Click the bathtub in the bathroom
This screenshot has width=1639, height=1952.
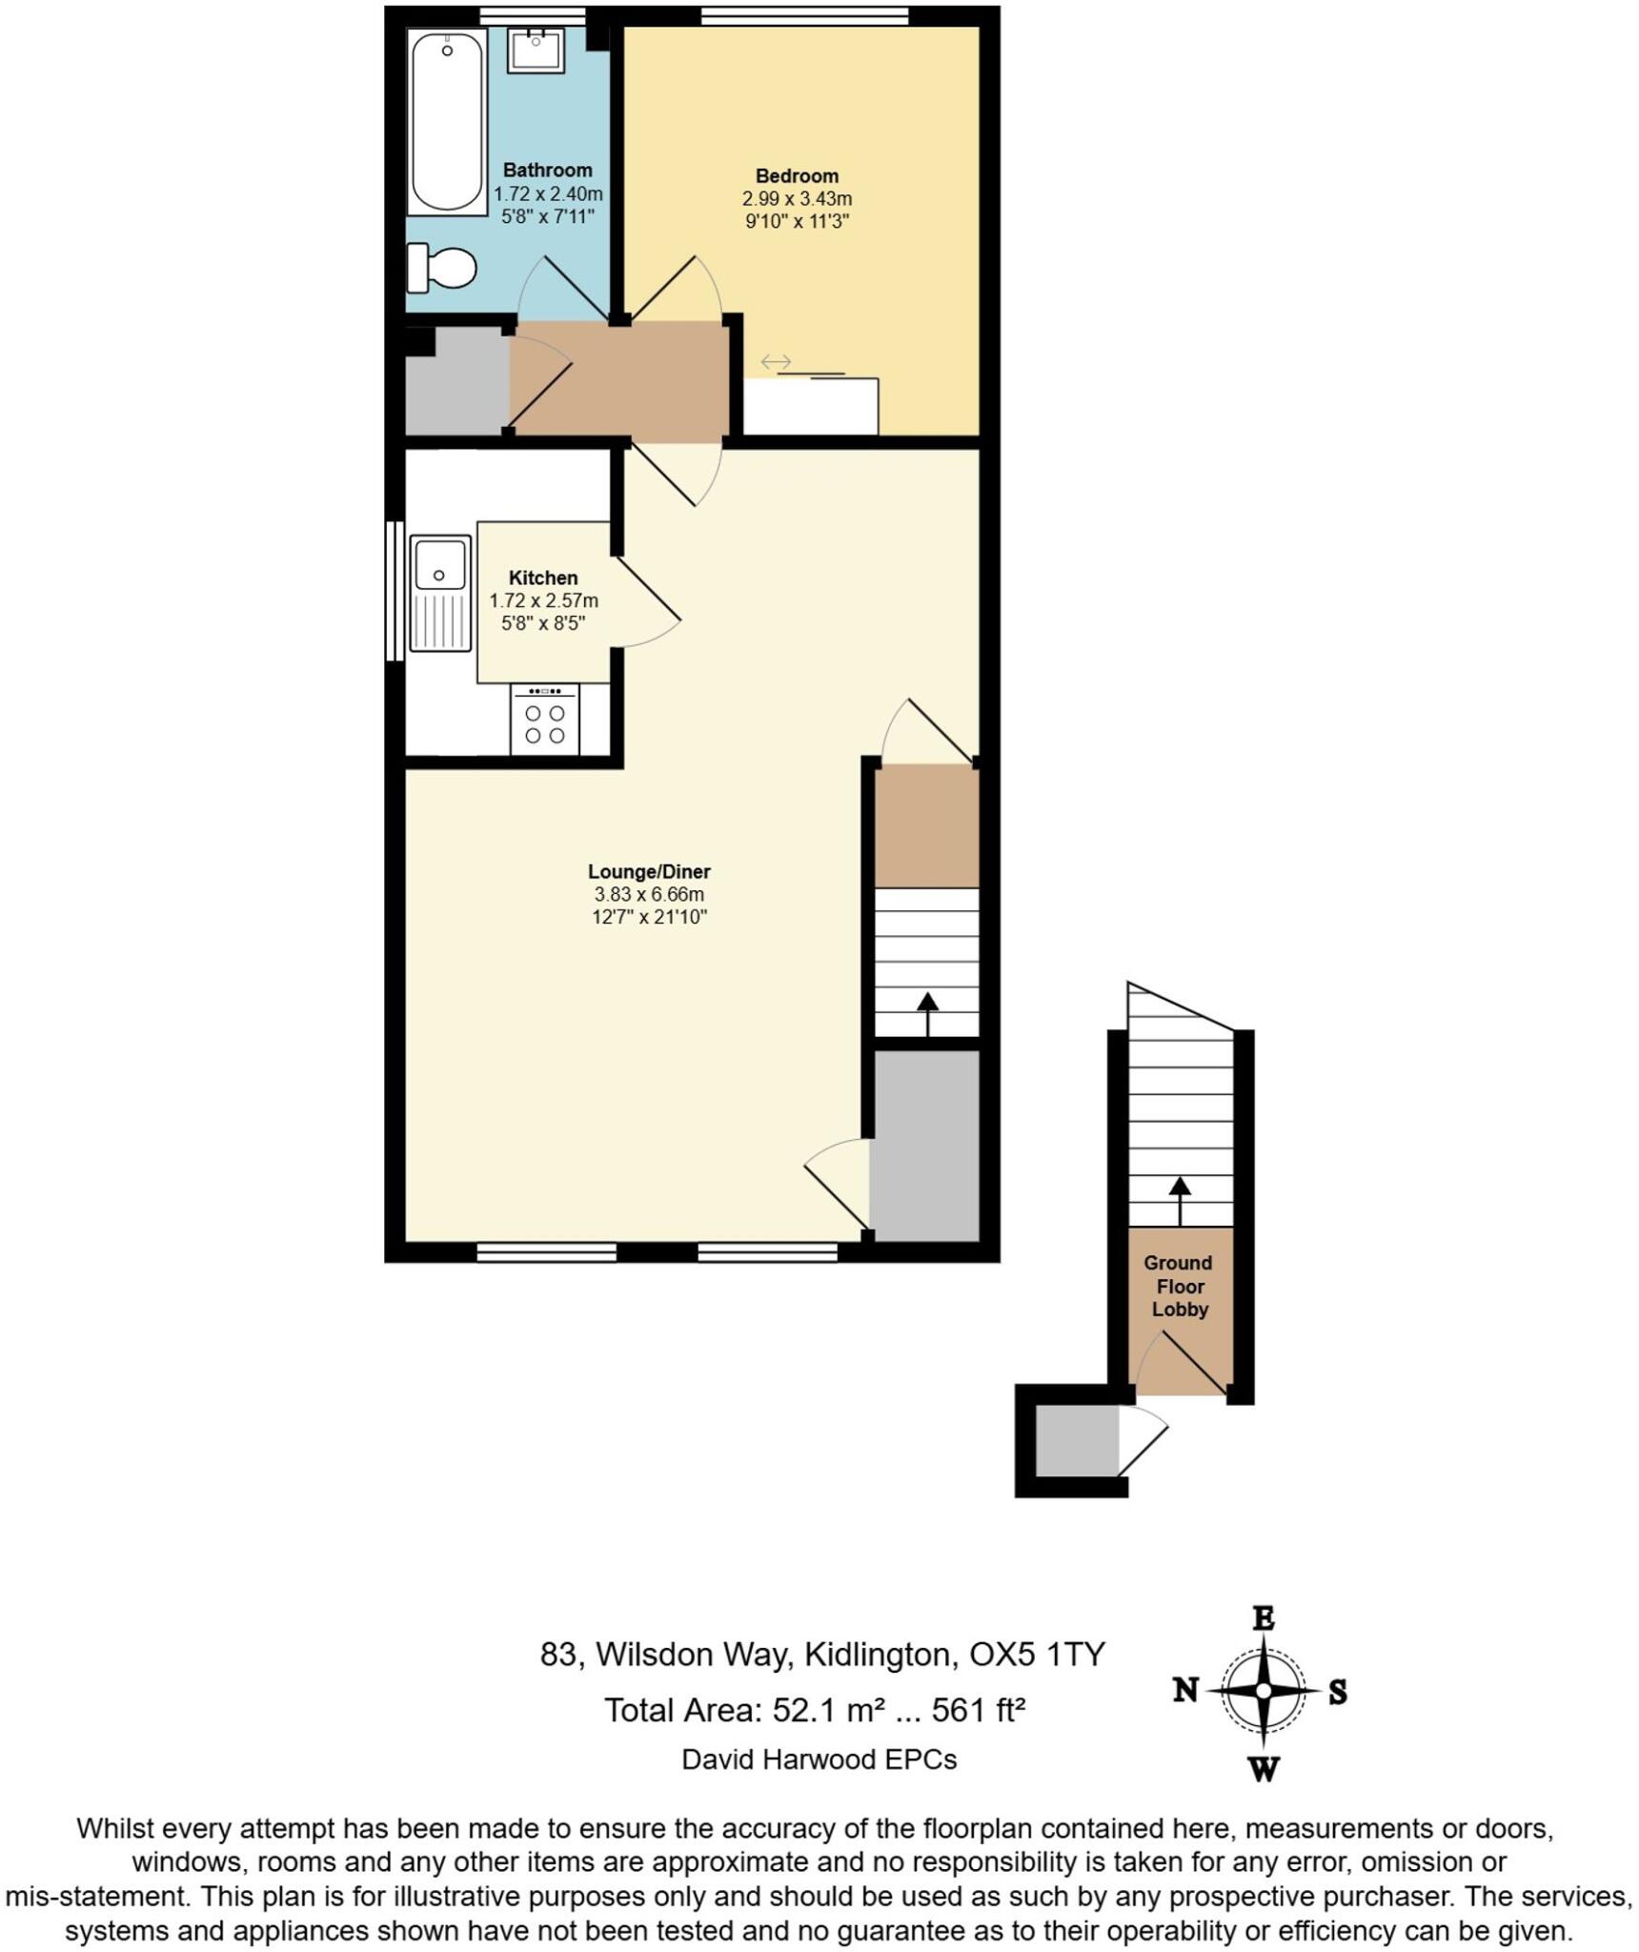click(x=446, y=121)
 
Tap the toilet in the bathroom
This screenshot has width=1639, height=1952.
click(x=443, y=268)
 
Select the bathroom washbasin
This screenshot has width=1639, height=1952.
click(x=536, y=50)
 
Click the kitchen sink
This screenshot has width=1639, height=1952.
click(x=440, y=593)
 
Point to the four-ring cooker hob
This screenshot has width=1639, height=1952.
click(x=544, y=722)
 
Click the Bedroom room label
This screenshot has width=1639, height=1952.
click(x=797, y=176)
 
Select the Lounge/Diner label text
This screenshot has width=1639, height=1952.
click(x=649, y=871)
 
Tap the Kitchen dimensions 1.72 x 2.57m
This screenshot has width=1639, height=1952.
click(x=543, y=600)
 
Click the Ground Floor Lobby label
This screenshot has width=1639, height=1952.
click(x=1179, y=1286)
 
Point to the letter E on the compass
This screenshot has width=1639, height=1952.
click(x=1263, y=1618)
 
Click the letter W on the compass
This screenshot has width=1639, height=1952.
click(x=1263, y=1769)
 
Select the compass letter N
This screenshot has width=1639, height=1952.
click(x=1184, y=1691)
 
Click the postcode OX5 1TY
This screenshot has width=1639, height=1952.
click(x=1037, y=1654)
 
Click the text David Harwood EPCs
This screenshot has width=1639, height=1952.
click(x=819, y=1759)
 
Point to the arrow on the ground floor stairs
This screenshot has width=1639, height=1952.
click(x=1180, y=1199)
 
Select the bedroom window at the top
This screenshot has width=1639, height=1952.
click(x=804, y=15)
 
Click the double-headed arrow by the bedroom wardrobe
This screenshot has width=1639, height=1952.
click(x=776, y=362)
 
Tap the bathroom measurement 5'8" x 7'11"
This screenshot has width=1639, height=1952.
click(x=547, y=217)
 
